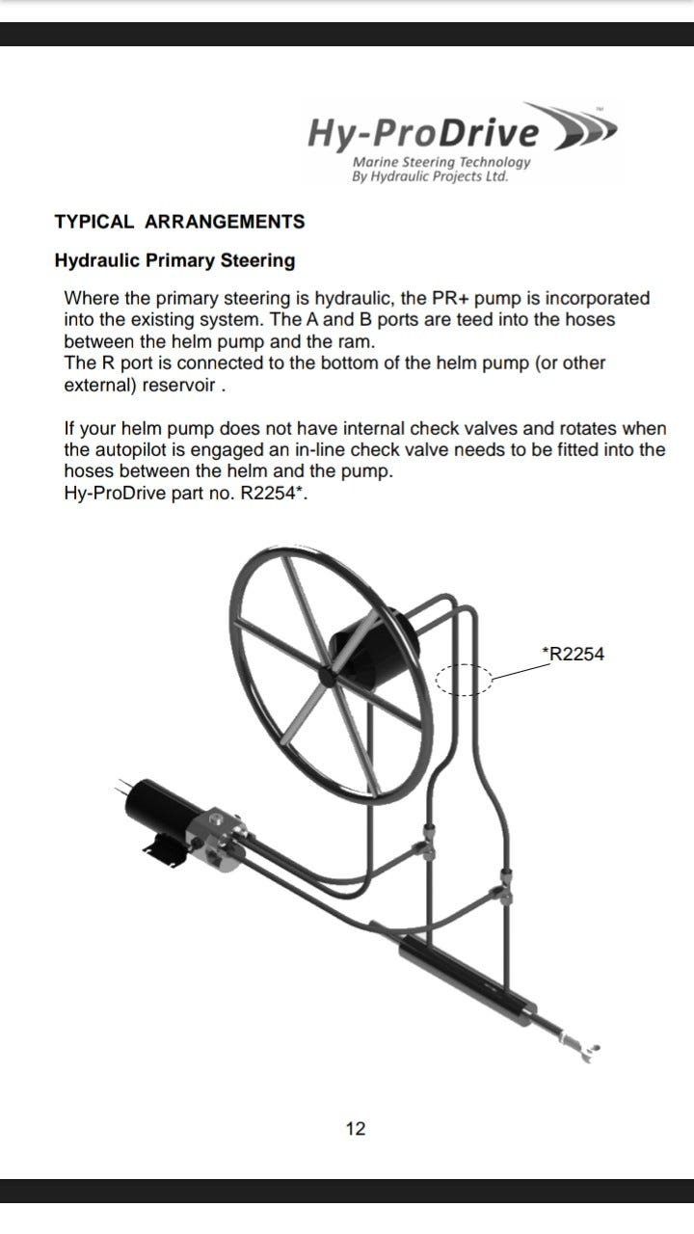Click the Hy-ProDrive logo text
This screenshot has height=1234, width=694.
tap(423, 134)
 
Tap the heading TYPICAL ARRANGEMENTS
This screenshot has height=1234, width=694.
tap(179, 222)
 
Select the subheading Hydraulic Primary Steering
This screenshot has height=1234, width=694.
tap(174, 260)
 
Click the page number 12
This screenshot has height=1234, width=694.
tap(356, 1129)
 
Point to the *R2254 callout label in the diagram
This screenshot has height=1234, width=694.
tap(573, 654)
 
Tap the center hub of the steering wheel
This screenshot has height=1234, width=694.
tap(327, 677)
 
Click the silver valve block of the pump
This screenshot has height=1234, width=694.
tap(217, 839)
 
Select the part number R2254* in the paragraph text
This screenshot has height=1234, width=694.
tap(273, 493)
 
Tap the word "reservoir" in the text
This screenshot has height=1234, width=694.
tap(178, 385)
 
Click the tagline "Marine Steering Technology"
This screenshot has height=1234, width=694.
tap(441, 162)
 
